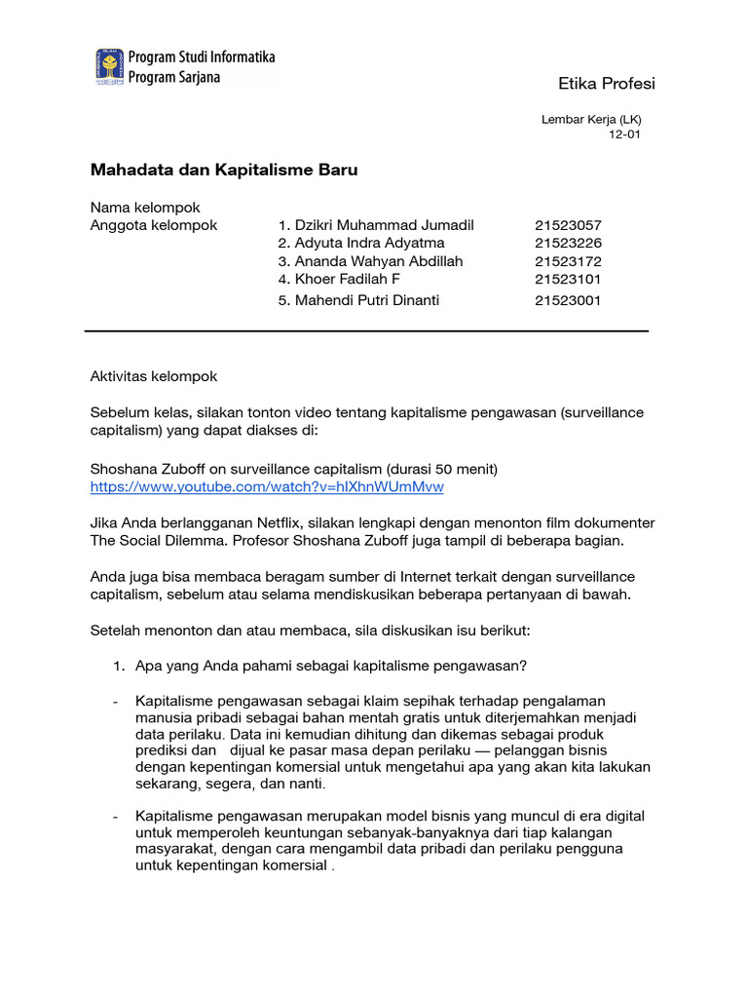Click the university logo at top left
[108, 65]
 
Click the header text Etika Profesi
[606, 84]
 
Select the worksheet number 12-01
[624, 135]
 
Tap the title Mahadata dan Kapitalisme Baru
[224, 171]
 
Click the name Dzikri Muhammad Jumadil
[376, 225]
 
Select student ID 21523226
[568, 243]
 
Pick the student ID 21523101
[568, 279]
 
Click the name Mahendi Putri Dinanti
[358, 300]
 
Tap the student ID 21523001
[568, 300]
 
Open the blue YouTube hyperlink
[267, 486]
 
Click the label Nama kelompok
[145, 208]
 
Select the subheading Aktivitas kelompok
[154, 376]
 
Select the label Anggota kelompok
[154, 225]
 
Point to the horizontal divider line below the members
[366, 331]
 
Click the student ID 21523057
[568, 225]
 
